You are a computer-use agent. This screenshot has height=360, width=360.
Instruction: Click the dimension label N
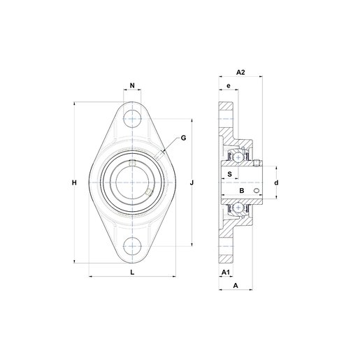tap(132, 85)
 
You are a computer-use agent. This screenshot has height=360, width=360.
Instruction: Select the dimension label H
tap(74, 182)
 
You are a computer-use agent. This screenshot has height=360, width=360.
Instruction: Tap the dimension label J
tap(192, 182)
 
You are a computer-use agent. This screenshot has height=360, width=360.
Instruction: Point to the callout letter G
tap(184, 138)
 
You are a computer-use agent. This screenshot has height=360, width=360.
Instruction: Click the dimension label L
tap(132, 272)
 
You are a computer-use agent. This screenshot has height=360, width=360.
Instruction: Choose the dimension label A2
tap(240, 72)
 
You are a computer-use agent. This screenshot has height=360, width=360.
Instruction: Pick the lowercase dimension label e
tap(229, 86)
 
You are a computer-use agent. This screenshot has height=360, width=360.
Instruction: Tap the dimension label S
tap(230, 174)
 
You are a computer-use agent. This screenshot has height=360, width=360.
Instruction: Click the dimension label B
tap(242, 191)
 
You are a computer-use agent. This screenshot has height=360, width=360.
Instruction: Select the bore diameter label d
tap(276, 182)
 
